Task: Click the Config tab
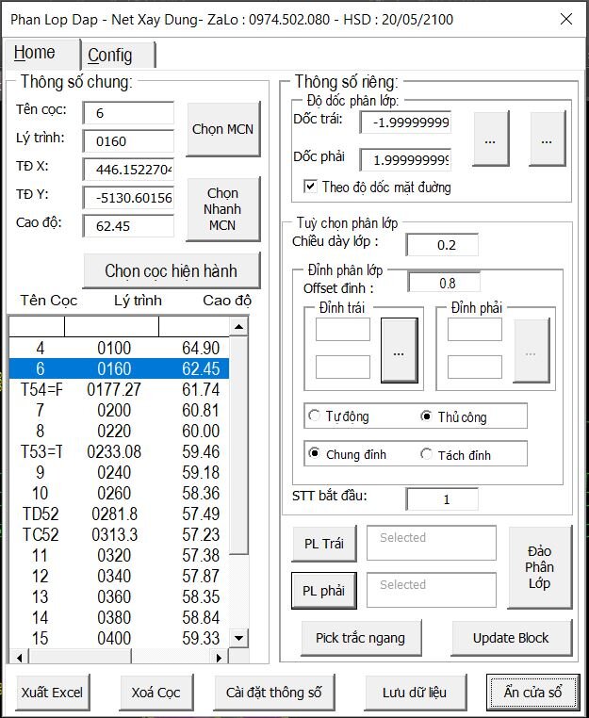[x=110, y=55]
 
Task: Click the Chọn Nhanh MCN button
[x=223, y=209]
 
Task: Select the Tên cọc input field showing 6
[x=128, y=113]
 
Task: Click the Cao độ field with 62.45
[x=128, y=226]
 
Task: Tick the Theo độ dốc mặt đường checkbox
[x=310, y=187]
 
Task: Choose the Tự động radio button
[x=314, y=416]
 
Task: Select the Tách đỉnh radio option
[x=426, y=454]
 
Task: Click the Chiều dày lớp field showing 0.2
[x=442, y=245]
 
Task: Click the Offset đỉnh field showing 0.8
[x=445, y=283]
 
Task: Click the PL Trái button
[x=323, y=544]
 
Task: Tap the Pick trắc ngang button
[x=360, y=638]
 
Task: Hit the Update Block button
[x=511, y=638]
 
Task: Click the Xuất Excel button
[x=53, y=693]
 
